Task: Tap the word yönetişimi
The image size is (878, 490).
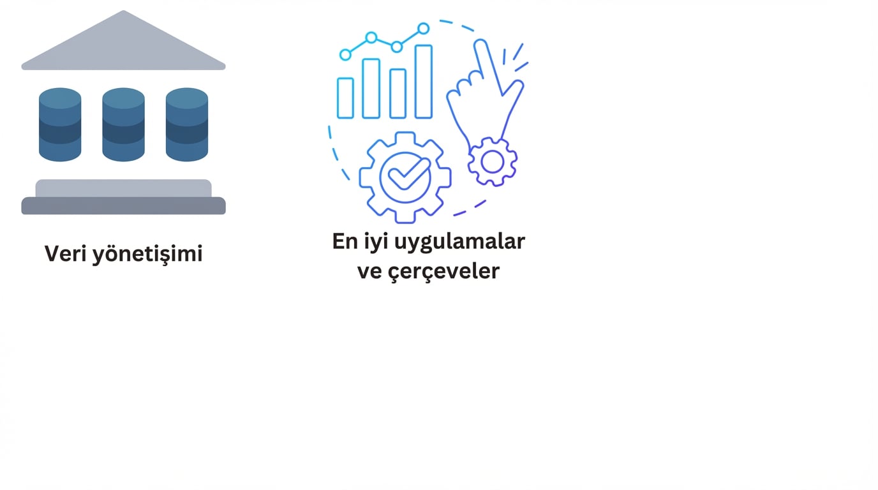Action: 147,255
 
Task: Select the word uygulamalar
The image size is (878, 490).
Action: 460,242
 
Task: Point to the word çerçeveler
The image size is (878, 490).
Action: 445,271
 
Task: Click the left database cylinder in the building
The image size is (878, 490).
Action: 60,124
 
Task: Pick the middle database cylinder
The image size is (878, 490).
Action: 123,124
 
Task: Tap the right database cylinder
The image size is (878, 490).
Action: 187,124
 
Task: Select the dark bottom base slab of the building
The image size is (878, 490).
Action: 123,206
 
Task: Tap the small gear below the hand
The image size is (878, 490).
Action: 492,162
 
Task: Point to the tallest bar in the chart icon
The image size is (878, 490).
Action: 424,82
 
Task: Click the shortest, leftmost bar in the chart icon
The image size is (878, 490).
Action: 345,98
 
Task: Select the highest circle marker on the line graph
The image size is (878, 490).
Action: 423,28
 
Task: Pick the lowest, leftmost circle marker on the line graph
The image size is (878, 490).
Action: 345,55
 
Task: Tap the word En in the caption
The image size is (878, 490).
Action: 345,242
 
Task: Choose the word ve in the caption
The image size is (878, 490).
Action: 368,271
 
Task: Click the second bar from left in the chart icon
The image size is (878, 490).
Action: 371,89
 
